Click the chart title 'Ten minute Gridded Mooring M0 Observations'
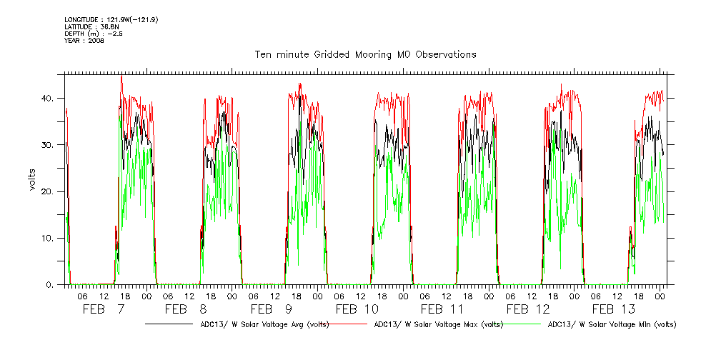[x=365, y=54]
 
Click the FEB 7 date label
[x=104, y=309]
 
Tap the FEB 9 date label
[x=272, y=309]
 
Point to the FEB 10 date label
[x=357, y=309]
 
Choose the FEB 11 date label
[x=442, y=309]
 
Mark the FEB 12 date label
[x=528, y=309]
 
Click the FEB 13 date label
[x=614, y=309]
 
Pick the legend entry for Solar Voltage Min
[x=611, y=324]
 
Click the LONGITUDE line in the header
[x=111, y=19]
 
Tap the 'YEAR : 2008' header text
[x=84, y=41]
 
